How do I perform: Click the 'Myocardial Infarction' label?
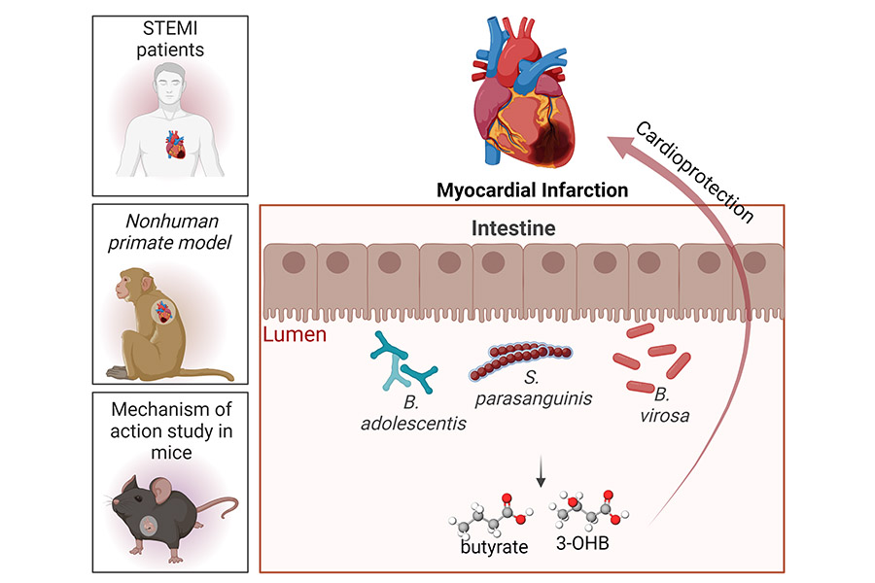(532, 190)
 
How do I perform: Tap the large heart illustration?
(526, 97)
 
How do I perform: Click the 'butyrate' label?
(494, 547)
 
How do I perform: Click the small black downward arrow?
(540, 473)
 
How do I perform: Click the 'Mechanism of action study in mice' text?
(169, 429)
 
